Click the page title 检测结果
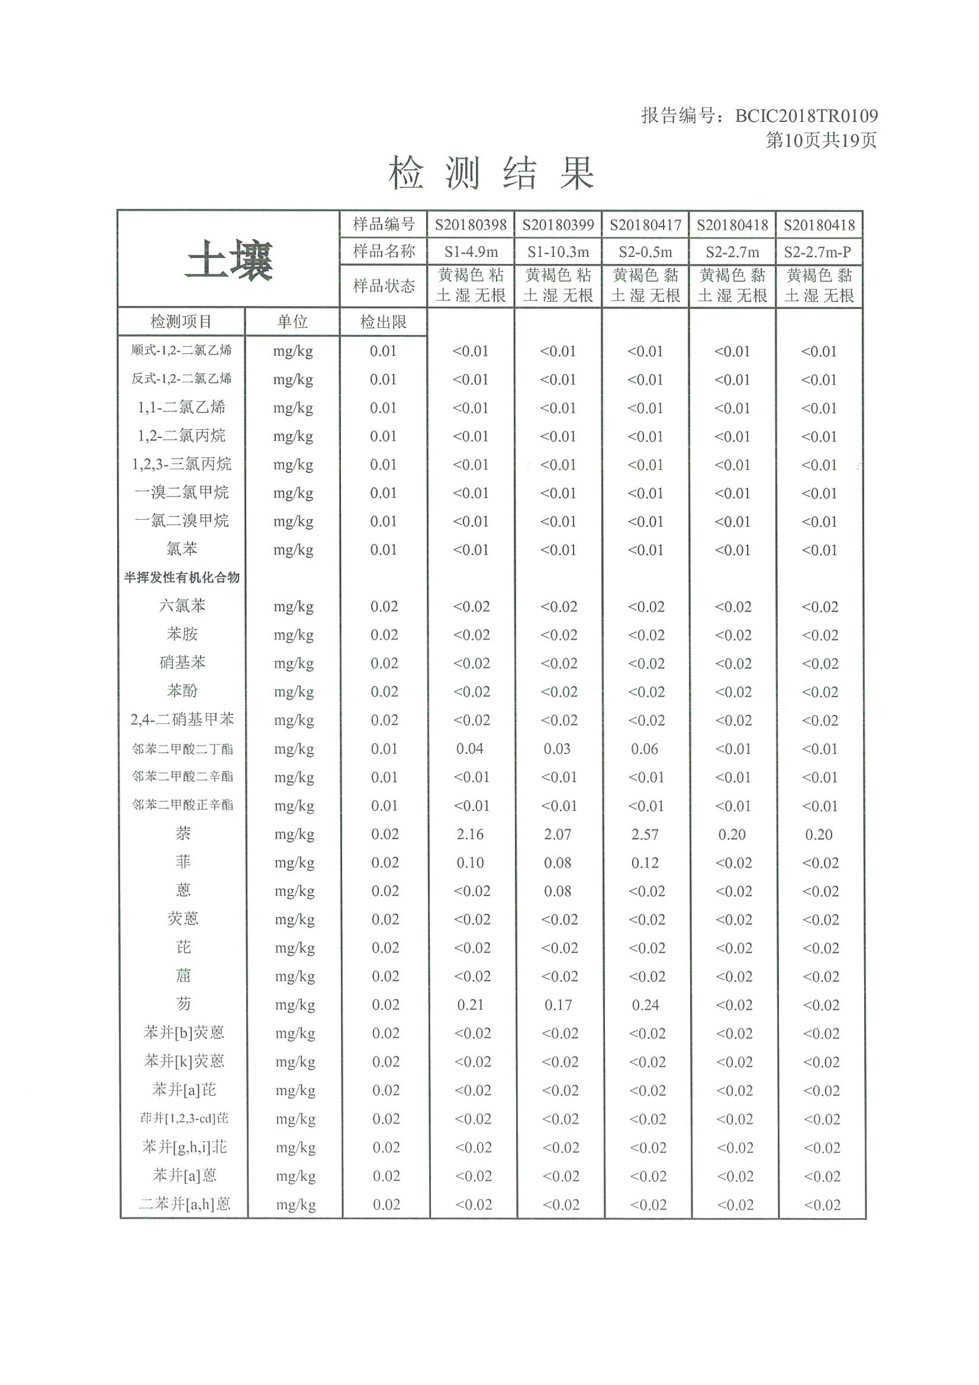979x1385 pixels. pos(491,173)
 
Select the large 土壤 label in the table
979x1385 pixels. pos(229,260)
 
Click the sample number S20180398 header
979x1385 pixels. pos(470,225)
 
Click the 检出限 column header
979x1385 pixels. pos(383,322)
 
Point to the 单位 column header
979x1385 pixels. pos(292,322)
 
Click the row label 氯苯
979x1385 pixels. pos(182,549)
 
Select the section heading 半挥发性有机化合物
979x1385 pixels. pos(182,577)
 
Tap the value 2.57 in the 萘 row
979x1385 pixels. pos(645,834)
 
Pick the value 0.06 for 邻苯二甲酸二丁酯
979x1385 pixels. pos(644,749)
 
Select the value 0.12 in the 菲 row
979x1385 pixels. pos(645,863)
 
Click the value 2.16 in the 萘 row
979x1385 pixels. pos(470,834)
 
